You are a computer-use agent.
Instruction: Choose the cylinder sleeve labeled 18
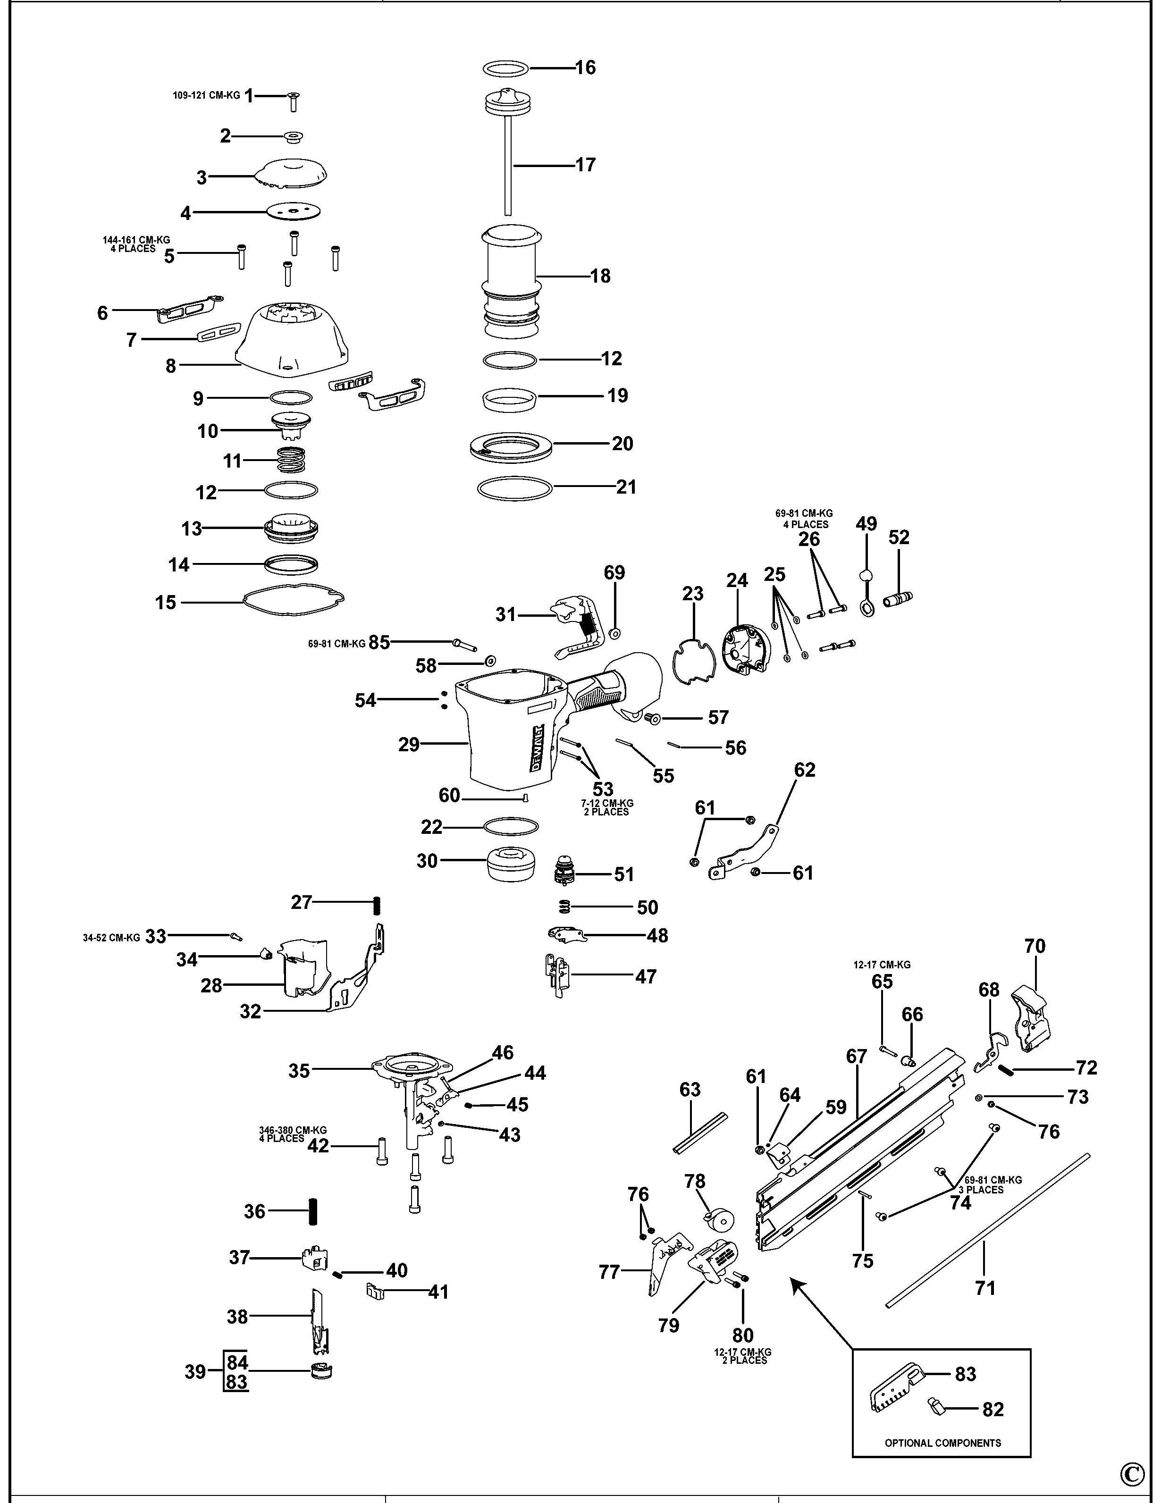[510, 282]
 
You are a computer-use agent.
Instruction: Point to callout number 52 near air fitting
[899, 537]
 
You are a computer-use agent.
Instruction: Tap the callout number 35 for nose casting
[299, 1071]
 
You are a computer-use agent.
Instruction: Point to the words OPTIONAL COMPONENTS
[942, 1443]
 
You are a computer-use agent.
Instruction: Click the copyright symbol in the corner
[1132, 1474]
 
